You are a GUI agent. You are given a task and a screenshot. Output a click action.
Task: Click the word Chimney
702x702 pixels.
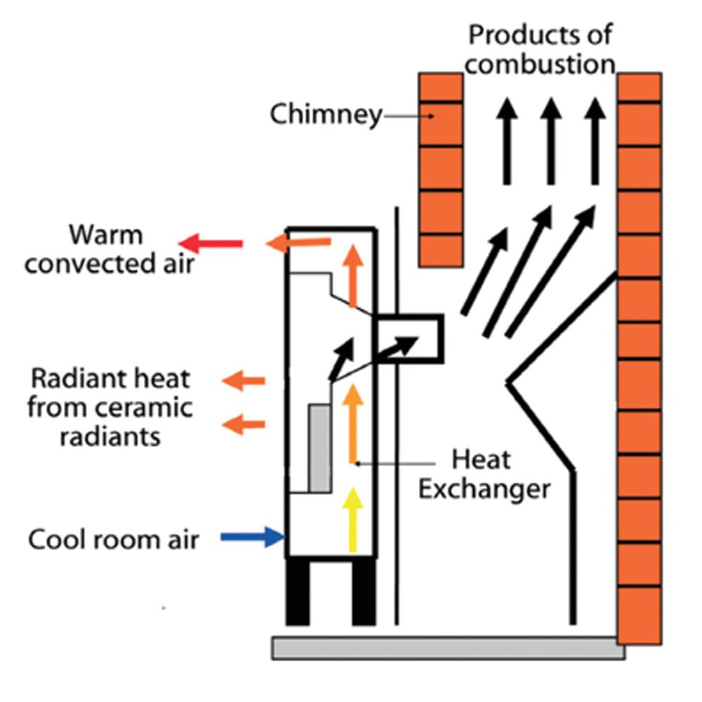pos(326,114)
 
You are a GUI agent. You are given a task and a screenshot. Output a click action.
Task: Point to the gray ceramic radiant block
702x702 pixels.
pos(320,448)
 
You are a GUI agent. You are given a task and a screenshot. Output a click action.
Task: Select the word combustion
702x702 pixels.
pos(541,64)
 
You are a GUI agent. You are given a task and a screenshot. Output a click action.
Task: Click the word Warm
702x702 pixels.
pos(105,234)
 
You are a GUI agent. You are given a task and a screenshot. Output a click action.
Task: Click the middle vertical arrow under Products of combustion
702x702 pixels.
pos(550,140)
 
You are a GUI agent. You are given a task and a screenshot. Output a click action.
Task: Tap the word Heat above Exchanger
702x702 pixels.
pos(482,460)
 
